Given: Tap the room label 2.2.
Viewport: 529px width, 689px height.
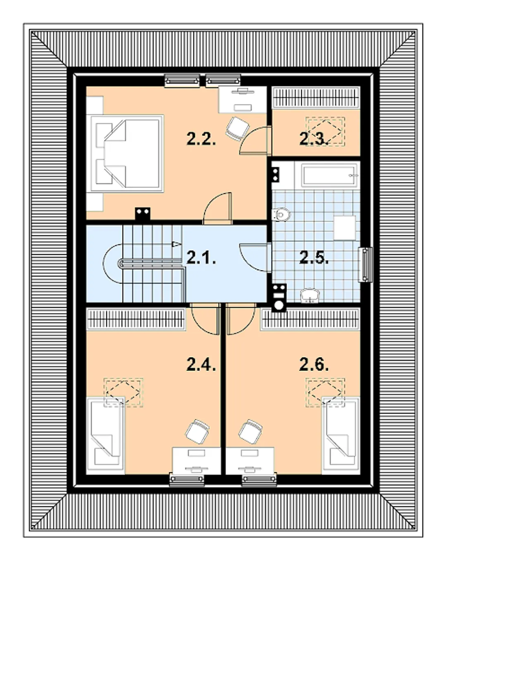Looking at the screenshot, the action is (x=201, y=139).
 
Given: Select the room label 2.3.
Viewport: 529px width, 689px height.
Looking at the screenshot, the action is (x=314, y=139).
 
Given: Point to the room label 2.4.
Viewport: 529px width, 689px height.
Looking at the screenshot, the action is (x=201, y=365).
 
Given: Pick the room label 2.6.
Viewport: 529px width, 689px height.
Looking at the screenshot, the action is (x=314, y=365).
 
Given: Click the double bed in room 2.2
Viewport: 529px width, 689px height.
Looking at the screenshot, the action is (x=127, y=153).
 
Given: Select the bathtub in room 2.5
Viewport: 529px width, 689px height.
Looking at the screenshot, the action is (x=329, y=176).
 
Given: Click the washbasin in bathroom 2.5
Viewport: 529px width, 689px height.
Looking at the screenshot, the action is (x=310, y=296).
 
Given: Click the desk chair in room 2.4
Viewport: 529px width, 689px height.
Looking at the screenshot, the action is (x=197, y=431).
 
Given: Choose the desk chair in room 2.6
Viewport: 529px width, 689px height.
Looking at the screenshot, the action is (x=250, y=431).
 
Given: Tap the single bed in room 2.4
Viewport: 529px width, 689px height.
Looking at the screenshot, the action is (x=105, y=435).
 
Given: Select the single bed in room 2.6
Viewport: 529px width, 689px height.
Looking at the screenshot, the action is (x=341, y=435).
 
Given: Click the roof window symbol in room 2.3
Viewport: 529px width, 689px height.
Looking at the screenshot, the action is (x=325, y=131).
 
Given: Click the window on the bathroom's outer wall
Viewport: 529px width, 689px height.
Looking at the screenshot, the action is (x=366, y=265).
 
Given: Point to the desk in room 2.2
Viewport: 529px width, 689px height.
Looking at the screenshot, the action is (x=242, y=99).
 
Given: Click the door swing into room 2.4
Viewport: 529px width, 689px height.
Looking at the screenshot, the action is (x=205, y=320).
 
